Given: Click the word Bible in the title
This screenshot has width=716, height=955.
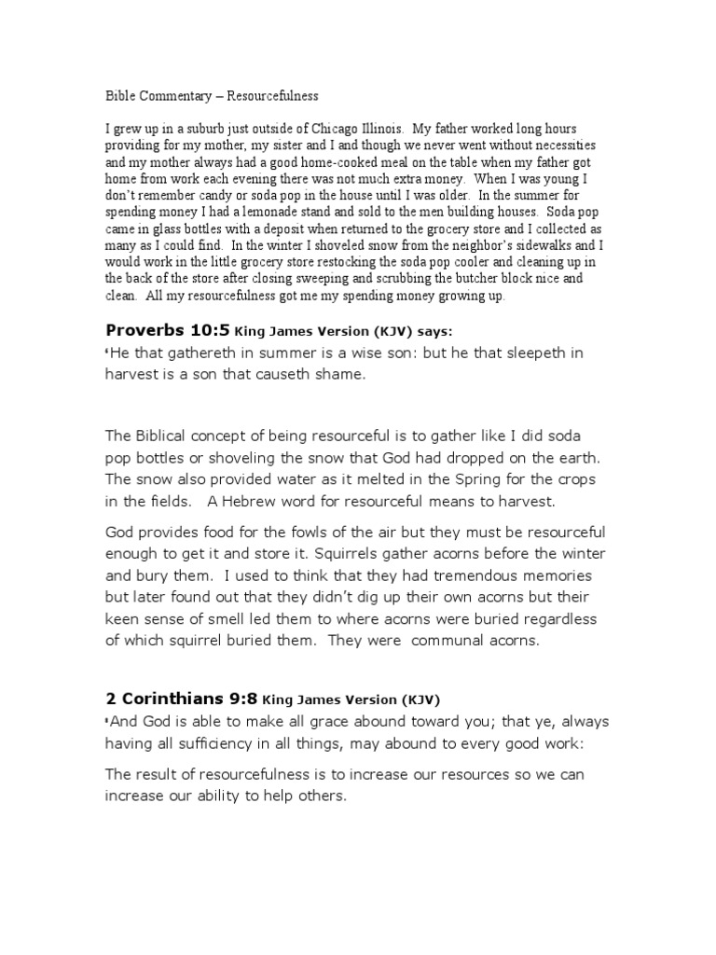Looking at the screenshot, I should pos(117,95).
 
